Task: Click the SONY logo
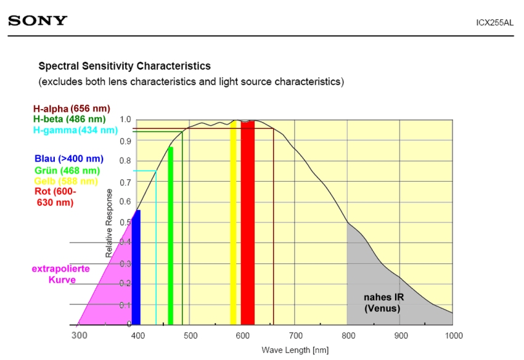pyautogui.click(x=38, y=21)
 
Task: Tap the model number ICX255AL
pyautogui.click(x=494, y=23)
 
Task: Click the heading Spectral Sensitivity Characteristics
pyautogui.click(x=125, y=66)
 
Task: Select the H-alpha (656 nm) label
pyautogui.click(x=72, y=108)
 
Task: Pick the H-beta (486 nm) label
pyautogui.click(x=70, y=119)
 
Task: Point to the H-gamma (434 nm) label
pyautogui.click(x=75, y=130)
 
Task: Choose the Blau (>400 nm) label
pyautogui.click(x=68, y=159)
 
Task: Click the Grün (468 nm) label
pyautogui.click(x=67, y=170)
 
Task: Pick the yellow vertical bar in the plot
pyautogui.click(x=233, y=222)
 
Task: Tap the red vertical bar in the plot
pyautogui.click(x=248, y=222)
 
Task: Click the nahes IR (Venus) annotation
pyautogui.click(x=382, y=302)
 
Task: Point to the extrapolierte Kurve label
pyautogui.click(x=61, y=274)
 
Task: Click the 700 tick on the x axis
pyautogui.click(x=296, y=335)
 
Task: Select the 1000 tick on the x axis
pyautogui.click(x=453, y=335)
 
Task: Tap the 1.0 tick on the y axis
pyautogui.click(x=125, y=120)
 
